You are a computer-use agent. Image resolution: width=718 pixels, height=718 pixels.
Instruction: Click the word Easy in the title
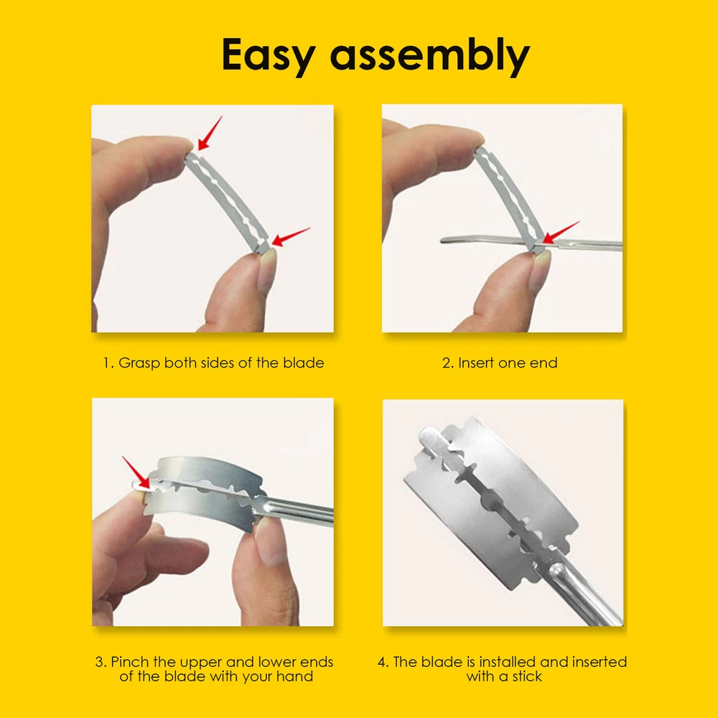(269, 56)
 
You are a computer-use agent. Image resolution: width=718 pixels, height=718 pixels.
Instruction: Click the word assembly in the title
(429, 56)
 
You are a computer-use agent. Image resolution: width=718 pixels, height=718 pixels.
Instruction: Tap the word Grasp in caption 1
(139, 363)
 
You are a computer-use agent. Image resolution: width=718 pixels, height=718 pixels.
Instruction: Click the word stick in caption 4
(526, 676)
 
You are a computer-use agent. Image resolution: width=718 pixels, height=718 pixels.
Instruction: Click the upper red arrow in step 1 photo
(210, 134)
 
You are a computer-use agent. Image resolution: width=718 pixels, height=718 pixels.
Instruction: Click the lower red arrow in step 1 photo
(290, 237)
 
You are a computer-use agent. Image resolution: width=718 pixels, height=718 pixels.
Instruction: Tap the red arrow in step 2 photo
(561, 233)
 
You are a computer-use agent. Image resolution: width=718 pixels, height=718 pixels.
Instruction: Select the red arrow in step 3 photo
(136, 472)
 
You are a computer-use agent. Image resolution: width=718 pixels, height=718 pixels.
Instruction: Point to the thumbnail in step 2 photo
(541, 270)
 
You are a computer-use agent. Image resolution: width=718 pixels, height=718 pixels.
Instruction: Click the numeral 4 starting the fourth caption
(382, 662)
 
